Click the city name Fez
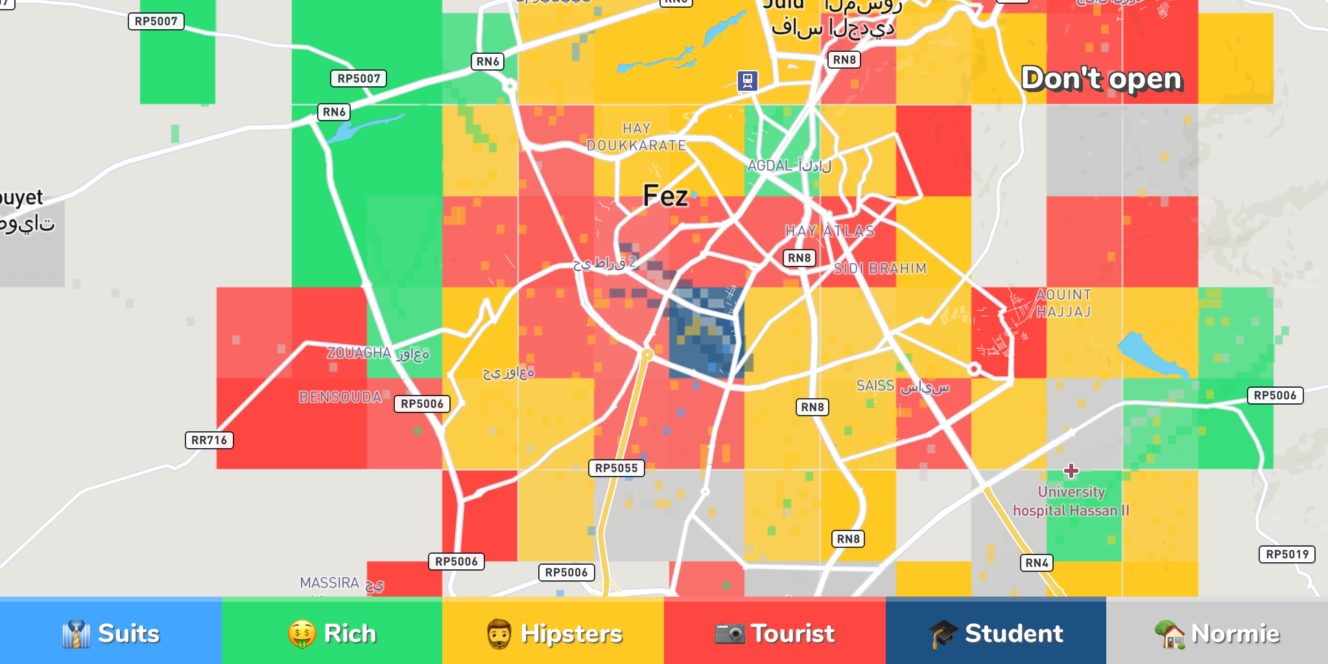pos(665,196)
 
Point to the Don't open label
pos(1102,79)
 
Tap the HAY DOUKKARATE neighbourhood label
pos(636,137)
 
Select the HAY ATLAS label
pos(829,231)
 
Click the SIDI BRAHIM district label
pos(880,268)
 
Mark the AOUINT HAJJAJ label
pos(1063,303)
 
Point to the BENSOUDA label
pos(340,397)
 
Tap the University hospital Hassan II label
pos(1071,501)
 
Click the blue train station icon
pos(748,80)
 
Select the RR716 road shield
pos(209,440)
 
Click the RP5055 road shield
pos(616,468)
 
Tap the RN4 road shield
pos(1036,563)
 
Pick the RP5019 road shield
pos(1287,554)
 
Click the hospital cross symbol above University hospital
pos(1071,470)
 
